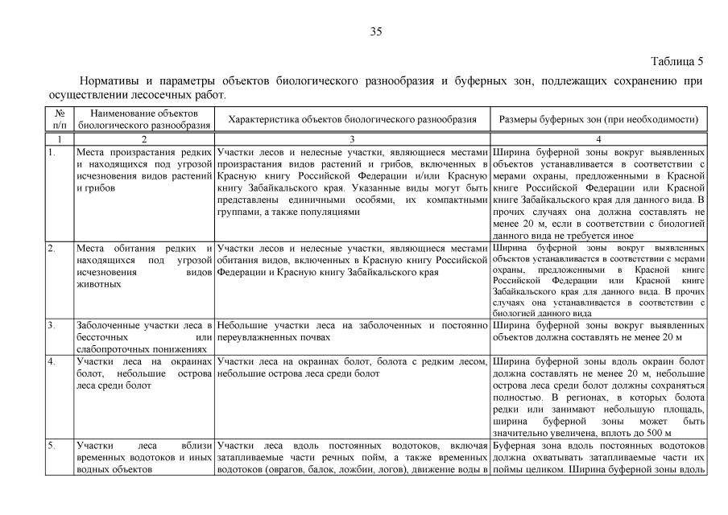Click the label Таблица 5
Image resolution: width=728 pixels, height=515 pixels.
coord(676,61)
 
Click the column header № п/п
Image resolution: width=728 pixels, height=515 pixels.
coord(59,119)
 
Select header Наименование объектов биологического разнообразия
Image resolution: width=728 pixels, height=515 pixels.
coord(145,119)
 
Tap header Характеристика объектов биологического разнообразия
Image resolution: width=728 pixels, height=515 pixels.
coord(353,119)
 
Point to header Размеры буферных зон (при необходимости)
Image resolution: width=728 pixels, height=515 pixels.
coord(598,119)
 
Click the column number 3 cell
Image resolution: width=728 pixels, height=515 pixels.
coord(353,139)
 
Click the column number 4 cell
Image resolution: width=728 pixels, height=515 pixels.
coord(598,139)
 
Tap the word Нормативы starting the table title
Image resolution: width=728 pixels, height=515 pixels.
coord(107,81)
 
